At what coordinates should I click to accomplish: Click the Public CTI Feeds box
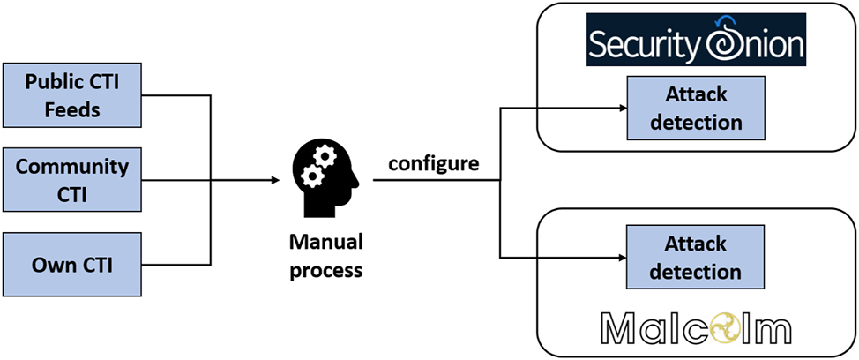point(72,95)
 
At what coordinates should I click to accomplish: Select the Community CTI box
point(72,179)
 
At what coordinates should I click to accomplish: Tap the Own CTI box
point(72,263)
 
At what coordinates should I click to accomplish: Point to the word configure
point(434,164)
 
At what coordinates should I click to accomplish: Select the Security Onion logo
point(696,41)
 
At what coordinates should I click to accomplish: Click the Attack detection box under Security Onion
point(696,109)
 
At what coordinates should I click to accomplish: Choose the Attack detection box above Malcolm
point(696,257)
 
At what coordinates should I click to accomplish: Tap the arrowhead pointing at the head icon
point(275,180)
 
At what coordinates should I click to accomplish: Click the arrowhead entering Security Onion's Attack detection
point(620,109)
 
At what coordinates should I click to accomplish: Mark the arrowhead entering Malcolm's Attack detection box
point(620,258)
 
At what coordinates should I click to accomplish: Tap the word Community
point(72,167)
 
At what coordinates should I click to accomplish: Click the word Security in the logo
point(643,44)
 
